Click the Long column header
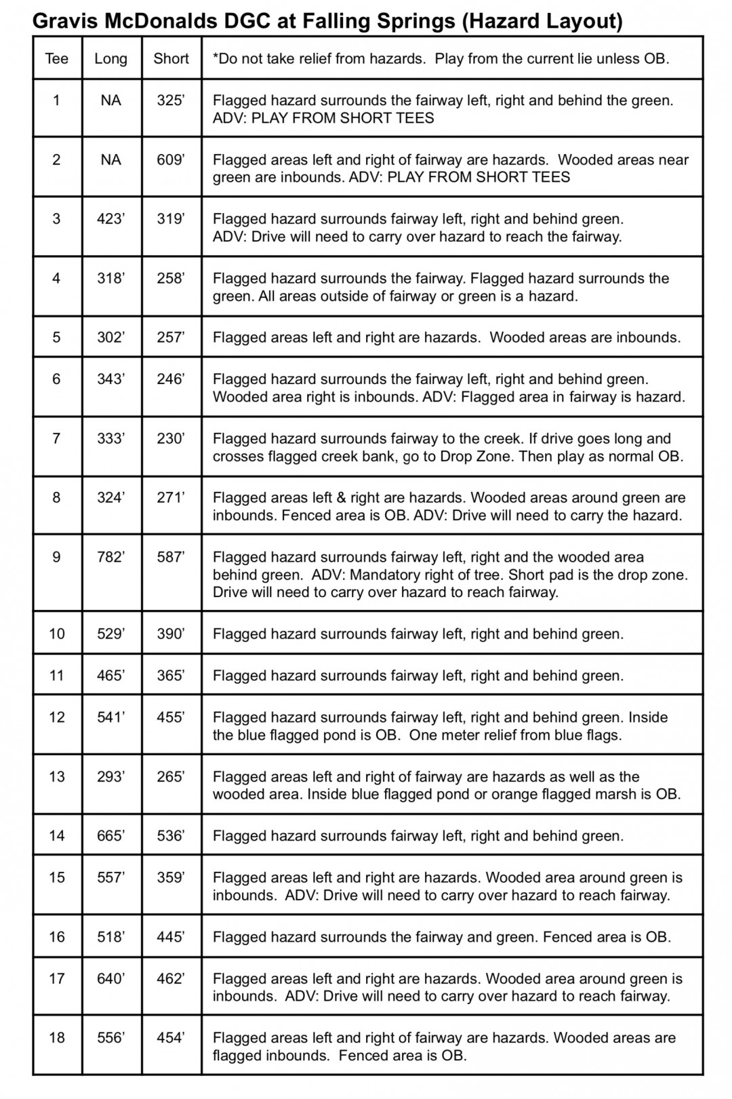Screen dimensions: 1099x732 click(x=111, y=58)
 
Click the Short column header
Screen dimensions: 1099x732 click(x=171, y=58)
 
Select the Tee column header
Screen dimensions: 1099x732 click(x=57, y=58)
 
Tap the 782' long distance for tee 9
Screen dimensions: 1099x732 click(x=111, y=557)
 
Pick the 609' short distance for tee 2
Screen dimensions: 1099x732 click(x=171, y=159)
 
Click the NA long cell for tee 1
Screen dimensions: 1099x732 click(x=111, y=100)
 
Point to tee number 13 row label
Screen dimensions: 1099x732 click(x=57, y=777)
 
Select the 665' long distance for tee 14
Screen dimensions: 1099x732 click(x=111, y=836)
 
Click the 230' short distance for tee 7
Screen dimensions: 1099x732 click(x=171, y=438)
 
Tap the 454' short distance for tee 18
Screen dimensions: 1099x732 click(x=171, y=1038)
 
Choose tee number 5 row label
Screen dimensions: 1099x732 click(x=57, y=337)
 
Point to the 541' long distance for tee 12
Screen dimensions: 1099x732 click(x=111, y=717)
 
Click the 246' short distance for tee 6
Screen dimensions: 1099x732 click(x=171, y=379)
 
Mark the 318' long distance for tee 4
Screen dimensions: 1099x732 click(x=111, y=278)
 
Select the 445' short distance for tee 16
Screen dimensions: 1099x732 click(x=171, y=937)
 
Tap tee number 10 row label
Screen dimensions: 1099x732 click(x=57, y=634)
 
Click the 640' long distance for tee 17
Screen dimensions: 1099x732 click(x=111, y=979)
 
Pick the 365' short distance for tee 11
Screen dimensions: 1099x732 click(x=171, y=676)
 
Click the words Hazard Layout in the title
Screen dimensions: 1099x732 click(x=542, y=22)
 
